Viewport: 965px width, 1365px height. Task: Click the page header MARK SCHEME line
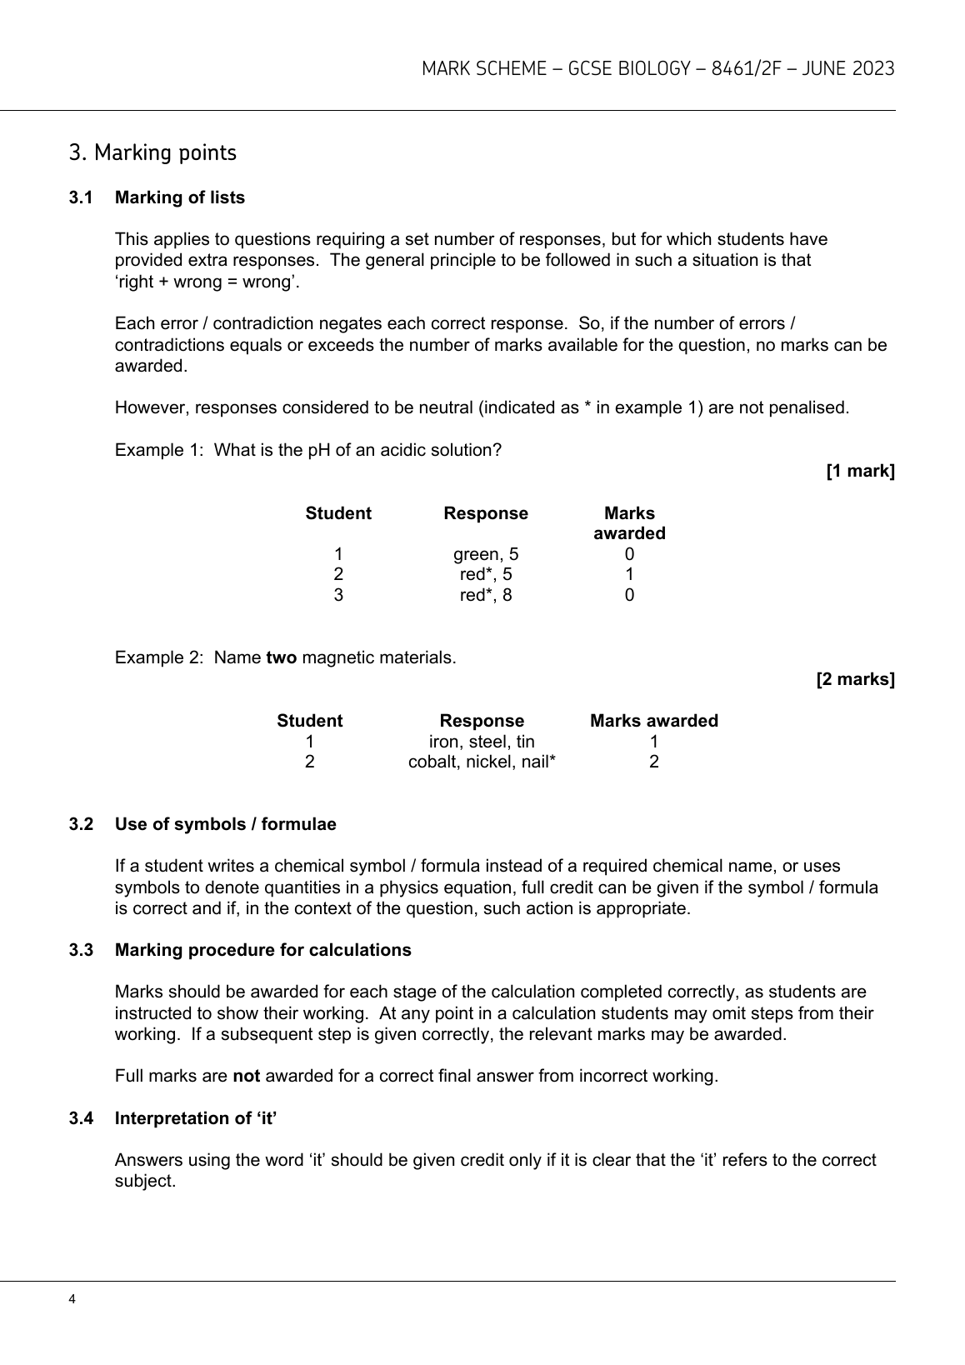[657, 69]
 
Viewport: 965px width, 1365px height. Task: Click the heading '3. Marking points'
[152, 153]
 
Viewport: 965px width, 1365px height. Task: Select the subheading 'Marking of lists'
[180, 197]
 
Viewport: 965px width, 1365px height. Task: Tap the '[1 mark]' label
[860, 472]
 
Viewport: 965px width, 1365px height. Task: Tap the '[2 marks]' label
[855, 679]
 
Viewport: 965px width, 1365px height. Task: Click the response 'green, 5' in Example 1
[485, 554]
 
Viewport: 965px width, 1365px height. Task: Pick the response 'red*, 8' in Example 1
[485, 595]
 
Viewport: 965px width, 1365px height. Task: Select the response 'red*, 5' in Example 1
[485, 574]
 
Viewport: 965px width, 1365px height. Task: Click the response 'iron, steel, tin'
[482, 742]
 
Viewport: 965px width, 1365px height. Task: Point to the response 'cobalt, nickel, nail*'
[482, 762]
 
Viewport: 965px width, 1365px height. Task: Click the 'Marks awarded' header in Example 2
[653, 721]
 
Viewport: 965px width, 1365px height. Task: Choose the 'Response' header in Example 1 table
[485, 513]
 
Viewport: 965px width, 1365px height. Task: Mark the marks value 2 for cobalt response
[654, 762]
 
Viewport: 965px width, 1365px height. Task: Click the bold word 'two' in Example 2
[281, 657]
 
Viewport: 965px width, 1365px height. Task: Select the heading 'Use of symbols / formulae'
[226, 824]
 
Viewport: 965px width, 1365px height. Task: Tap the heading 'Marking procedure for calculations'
[263, 950]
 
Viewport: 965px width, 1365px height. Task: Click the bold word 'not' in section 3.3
[246, 1076]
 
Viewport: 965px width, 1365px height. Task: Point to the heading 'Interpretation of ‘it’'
[196, 1118]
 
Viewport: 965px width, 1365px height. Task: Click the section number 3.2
[81, 824]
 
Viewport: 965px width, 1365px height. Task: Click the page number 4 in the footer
[73, 1299]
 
